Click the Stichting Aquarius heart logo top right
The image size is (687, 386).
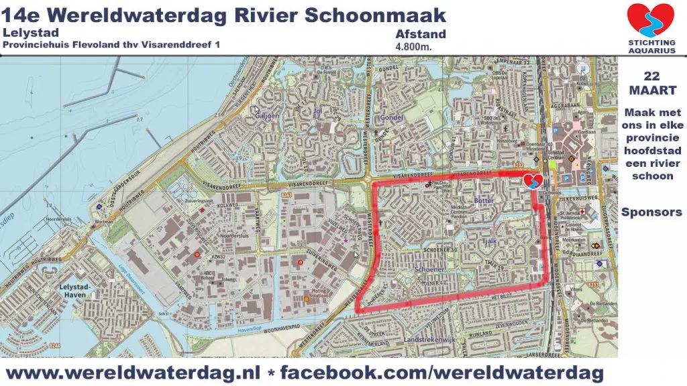click(650, 21)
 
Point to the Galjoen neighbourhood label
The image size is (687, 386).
click(266, 116)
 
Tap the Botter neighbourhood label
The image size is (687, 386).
click(483, 200)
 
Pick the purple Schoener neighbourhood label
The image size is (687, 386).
click(430, 269)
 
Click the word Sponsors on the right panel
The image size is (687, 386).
click(651, 212)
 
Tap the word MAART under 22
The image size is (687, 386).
click(651, 90)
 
